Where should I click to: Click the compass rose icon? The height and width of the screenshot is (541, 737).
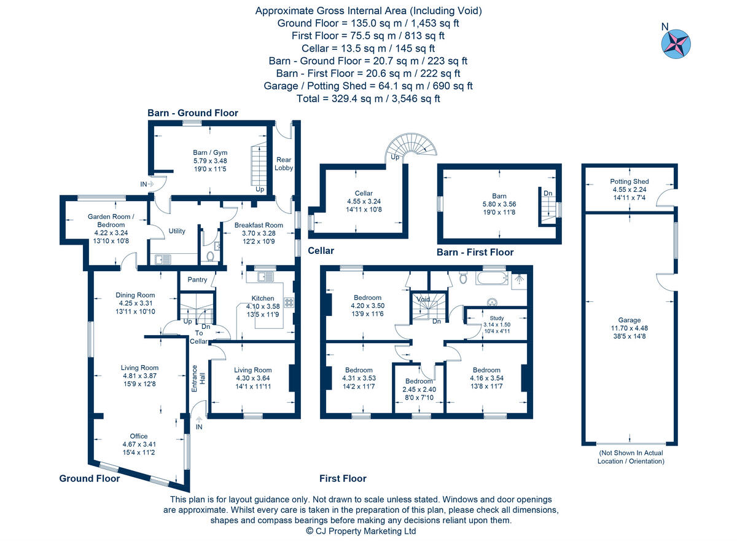click(676, 44)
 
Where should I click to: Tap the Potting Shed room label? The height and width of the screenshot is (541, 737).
click(629, 181)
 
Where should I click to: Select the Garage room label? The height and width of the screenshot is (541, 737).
click(629, 320)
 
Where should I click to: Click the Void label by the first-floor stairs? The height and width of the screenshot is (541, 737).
click(423, 299)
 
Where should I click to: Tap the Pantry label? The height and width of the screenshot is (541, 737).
click(197, 280)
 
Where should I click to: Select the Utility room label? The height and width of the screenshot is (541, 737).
click(177, 231)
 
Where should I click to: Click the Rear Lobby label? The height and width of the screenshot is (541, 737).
click(284, 164)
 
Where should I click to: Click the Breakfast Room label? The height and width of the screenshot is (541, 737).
click(259, 225)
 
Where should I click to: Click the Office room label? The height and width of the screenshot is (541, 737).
click(138, 436)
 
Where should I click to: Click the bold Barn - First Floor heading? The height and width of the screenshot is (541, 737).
click(475, 252)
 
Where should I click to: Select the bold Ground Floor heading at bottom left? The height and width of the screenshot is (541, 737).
click(89, 478)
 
